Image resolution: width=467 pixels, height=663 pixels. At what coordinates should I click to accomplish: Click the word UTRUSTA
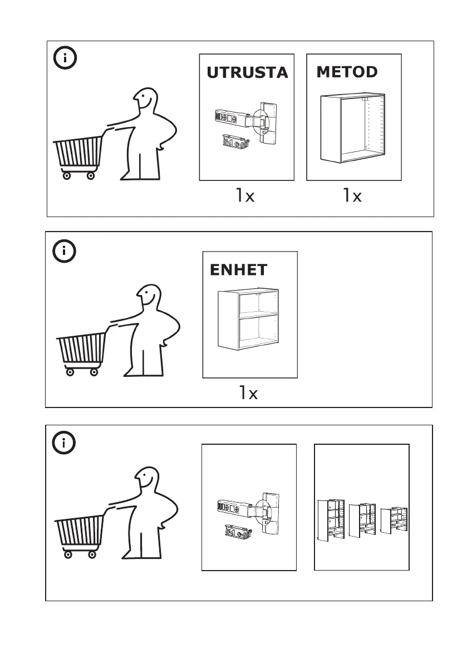tap(247, 72)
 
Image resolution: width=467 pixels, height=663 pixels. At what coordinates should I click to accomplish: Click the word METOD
tap(347, 72)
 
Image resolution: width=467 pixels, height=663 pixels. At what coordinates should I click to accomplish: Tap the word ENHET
tap(239, 270)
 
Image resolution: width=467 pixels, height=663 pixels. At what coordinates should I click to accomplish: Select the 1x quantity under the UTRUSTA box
tap(244, 195)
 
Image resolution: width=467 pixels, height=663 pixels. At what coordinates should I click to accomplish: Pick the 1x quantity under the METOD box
tap(352, 195)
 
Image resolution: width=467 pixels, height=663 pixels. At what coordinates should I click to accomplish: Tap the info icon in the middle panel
tap(65, 252)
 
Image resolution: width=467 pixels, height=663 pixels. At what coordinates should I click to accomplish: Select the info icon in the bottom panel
tap(65, 443)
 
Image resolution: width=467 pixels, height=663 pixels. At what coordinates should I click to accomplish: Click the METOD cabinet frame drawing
tap(353, 127)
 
